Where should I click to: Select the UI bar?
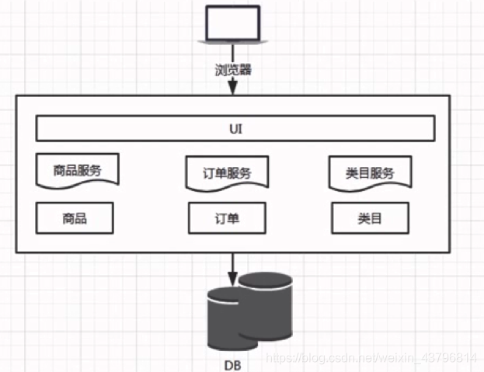(235, 127)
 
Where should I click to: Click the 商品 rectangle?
(75, 218)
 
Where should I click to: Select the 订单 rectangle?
(227, 218)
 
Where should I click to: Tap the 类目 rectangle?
(370, 218)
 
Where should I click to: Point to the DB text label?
(232, 363)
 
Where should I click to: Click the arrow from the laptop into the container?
(233, 85)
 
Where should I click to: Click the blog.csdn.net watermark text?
(370, 357)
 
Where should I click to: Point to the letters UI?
(235, 127)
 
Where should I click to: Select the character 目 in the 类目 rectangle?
(376, 218)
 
